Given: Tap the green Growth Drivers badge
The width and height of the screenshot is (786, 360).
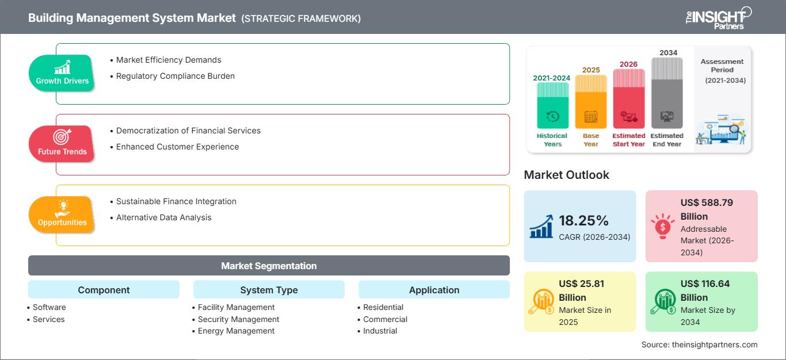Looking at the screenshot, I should pos(62,73).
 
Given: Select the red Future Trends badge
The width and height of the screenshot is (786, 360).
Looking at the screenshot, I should pos(62,144).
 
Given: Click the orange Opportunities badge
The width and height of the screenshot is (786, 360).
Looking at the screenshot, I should pos(62,215).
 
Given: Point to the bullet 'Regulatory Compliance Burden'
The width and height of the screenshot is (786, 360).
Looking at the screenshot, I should pos(175,76).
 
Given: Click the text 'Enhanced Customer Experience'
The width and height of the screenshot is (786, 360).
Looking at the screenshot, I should pos(177,147).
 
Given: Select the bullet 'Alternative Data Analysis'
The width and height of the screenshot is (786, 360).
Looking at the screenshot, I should pos(163,217).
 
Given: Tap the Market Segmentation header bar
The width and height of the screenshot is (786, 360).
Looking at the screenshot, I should pos(269,266).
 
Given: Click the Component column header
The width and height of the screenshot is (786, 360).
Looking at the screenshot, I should pos(104,290).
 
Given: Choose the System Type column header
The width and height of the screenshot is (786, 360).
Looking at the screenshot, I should pos(269,290).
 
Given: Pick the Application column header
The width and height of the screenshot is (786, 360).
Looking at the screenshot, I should pos(434,290).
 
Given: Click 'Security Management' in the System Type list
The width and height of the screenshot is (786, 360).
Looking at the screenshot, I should pos(238,319).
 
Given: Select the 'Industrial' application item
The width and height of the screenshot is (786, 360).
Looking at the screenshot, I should pos(380,331).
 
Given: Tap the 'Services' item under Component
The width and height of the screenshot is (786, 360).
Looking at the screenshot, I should pos(48,319).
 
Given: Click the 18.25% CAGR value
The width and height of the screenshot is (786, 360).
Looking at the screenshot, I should pos(583,220).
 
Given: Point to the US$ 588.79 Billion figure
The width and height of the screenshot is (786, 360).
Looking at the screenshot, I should pos(707,209).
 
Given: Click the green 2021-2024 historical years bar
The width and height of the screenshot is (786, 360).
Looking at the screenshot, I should pos(552,105).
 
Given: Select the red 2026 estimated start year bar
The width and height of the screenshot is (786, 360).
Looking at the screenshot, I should pos(628,98).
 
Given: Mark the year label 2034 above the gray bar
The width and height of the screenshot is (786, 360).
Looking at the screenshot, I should pos(668,52).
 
